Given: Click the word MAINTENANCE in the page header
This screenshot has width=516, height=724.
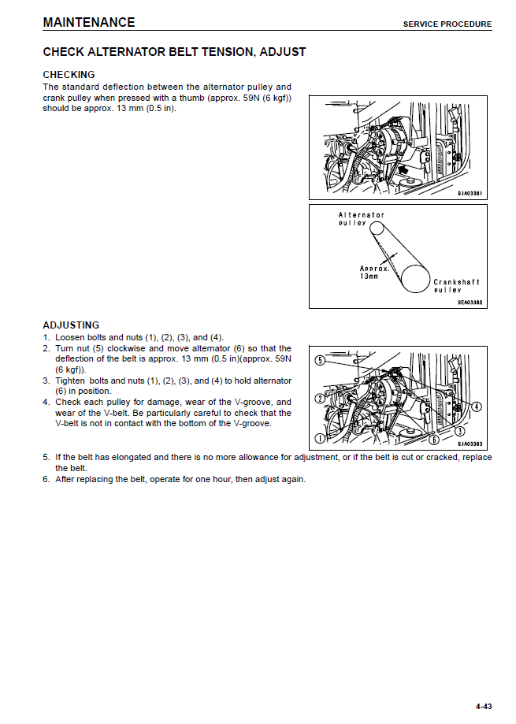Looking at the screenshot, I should tap(89, 22).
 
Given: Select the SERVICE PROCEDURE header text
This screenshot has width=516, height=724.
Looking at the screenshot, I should tap(447, 24).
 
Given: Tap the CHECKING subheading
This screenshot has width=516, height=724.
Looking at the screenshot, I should tap(69, 75).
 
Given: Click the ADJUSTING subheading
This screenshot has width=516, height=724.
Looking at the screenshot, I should tap(71, 325).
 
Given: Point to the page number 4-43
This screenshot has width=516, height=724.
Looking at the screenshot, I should tap(484, 705).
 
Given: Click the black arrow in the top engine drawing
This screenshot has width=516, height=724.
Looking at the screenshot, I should tap(403, 169).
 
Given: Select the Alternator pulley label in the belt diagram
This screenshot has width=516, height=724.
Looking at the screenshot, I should tap(361, 219).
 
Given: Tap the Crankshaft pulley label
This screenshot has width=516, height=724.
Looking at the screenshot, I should tap(456, 286).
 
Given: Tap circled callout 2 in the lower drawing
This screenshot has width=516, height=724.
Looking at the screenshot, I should tap(320, 399).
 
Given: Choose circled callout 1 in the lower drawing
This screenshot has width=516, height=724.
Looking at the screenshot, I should tap(320, 438).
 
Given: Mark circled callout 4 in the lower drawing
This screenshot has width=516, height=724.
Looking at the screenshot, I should tap(476, 407).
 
